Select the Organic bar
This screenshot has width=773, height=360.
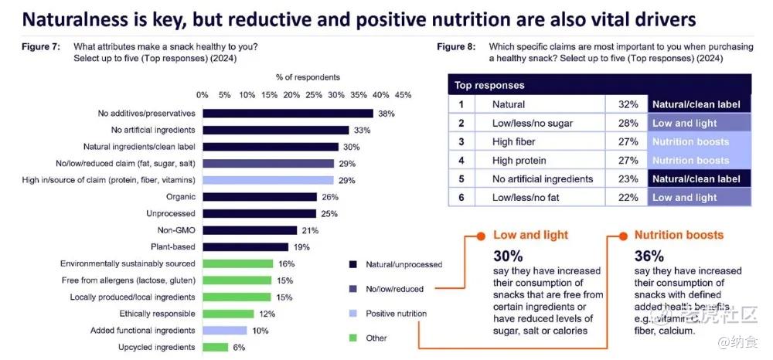tap(260, 197)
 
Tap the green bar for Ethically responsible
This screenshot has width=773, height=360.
tap(228, 314)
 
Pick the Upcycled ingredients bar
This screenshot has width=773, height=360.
tap(215, 347)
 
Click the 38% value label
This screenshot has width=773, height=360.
tap(386, 114)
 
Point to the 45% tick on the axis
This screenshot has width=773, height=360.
tap(403, 94)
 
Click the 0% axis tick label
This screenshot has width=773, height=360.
tap(203, 94)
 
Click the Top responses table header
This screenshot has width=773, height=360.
tap(489, 85)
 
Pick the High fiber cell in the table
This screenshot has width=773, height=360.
tap(514, 141)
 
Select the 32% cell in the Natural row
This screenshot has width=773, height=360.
tap(628, 104)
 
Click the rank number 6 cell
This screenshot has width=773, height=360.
tap(461, 198)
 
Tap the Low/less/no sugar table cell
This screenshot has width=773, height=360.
tap(533, 123)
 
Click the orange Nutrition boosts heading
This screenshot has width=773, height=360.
tap(679, 235)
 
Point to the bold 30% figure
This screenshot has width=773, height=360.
tap(509, 256)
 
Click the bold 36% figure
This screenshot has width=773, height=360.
tap(649, 256)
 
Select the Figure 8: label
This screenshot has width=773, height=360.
tap(456, 47)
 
